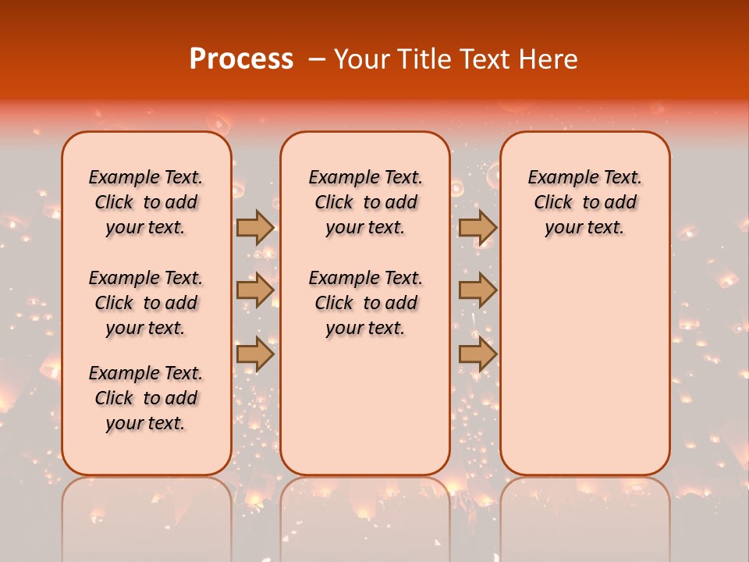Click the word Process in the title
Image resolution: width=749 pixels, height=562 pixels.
click(241, 59)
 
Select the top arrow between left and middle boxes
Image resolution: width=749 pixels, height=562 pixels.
click(255, 227)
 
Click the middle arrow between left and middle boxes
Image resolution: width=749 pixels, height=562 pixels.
click(255, 290)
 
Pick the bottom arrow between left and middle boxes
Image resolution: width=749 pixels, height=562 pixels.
click(255, 354)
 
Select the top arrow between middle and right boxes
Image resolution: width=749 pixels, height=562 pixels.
click(477, 227)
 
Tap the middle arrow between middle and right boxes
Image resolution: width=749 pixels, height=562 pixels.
click(477, 290)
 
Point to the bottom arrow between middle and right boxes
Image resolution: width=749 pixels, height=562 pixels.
click(477, 354)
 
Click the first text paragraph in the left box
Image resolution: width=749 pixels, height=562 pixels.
click(146, 202)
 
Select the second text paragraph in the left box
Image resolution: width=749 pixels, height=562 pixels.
click(146, 303)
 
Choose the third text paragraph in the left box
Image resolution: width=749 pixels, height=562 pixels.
click(146, 398)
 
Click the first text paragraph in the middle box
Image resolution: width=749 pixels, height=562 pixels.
click(365, 202)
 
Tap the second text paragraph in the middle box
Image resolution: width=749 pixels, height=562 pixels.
click(365, 303)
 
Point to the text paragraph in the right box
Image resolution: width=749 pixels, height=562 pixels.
click(584, 202)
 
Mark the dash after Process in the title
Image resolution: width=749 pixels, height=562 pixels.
click(317, 60)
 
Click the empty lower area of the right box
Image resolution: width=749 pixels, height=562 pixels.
click(584, 367)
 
